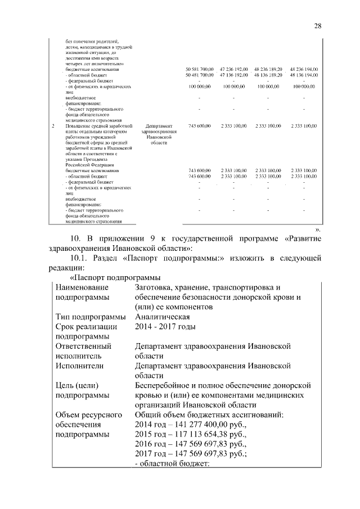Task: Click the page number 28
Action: point(318,26)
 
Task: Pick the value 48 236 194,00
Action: point(304,69)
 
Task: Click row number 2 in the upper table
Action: point(53,126)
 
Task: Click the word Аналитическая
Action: point(162,317)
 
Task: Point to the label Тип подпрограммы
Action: point(90,317)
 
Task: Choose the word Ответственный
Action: point(83,346)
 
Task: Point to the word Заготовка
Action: point(156,287)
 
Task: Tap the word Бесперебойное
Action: point(168,386)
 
